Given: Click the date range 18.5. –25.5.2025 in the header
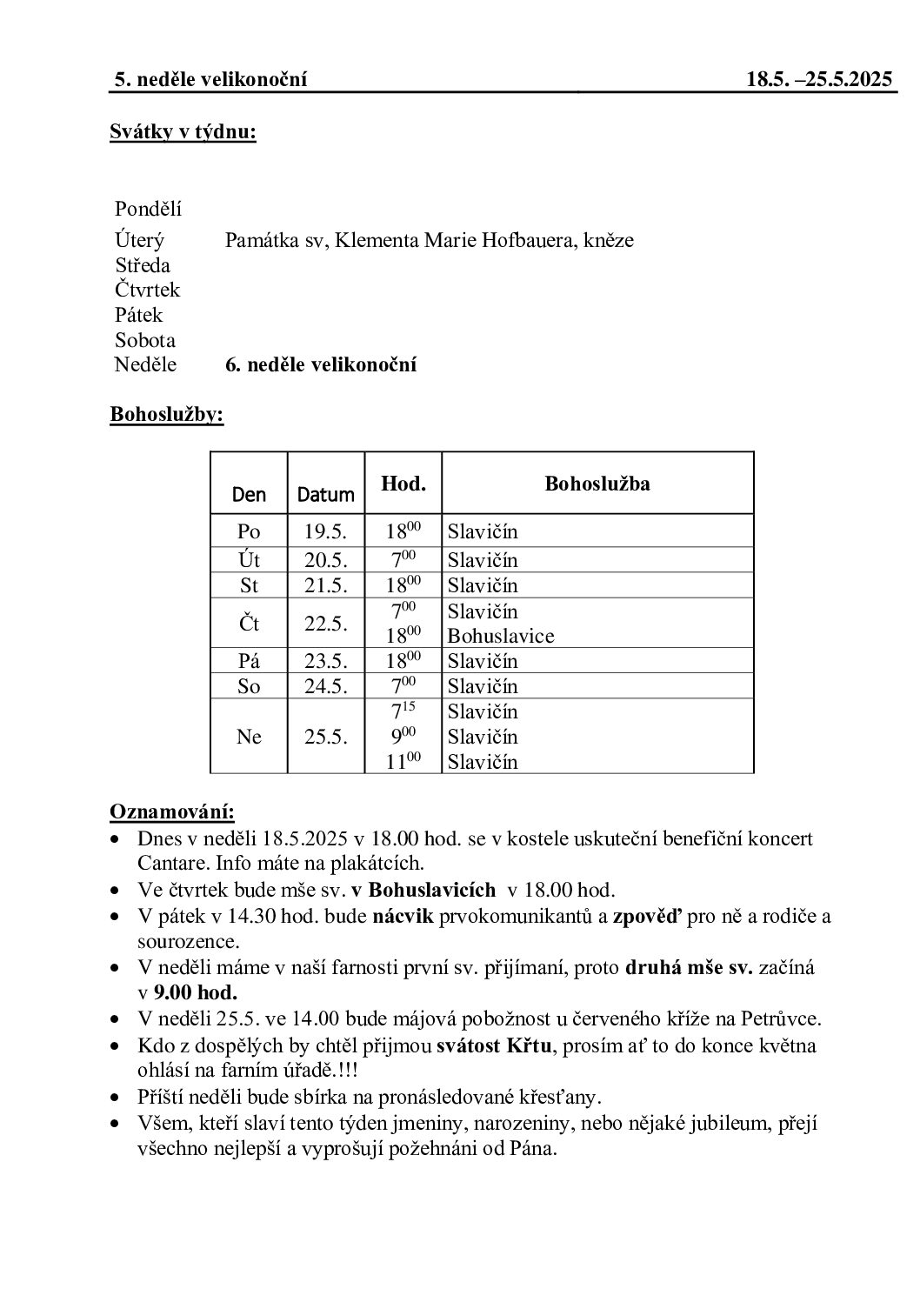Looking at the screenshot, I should pos(819,80).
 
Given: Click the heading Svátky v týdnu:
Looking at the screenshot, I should pos(183,132).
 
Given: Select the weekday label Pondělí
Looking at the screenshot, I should pos(148,209).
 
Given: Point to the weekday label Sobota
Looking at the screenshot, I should pos(145,340).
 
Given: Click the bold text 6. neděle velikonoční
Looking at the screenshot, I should pos(321,364).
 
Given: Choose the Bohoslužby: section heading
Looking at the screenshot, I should pos(167,415).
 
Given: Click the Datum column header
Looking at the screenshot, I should pos(325,495).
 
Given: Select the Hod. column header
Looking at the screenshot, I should pos(403,483).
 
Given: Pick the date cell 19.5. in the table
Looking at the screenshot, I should pos(325,531).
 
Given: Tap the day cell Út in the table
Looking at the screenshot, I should pos(249,559).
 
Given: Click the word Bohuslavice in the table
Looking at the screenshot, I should pos(500,636).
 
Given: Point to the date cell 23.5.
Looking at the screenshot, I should pos(325,661).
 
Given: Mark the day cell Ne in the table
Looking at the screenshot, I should pos(249,737).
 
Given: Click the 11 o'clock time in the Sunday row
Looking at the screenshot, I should pos(403,761).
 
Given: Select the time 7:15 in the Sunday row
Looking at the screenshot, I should pos(403,711).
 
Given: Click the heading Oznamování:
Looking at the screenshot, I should pos(172,812).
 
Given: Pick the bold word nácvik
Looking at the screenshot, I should pos(403,915).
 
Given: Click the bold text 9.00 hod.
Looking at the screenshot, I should pos(196,992).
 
